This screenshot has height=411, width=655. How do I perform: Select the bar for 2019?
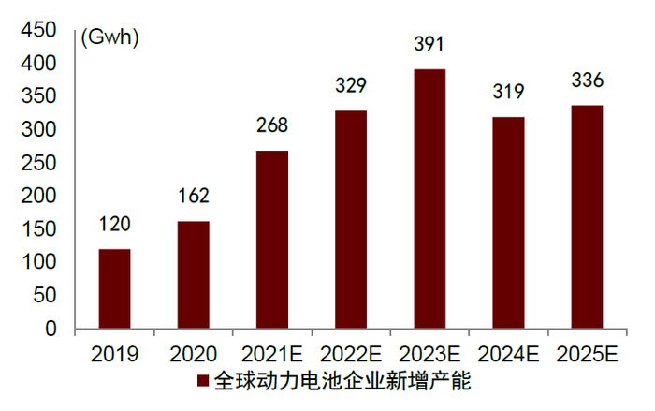pos(114,289)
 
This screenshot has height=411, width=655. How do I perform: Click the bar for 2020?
pos(193,275)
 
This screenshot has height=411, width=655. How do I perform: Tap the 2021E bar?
pos(272,240)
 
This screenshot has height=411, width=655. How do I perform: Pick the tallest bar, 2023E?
pos(429,199)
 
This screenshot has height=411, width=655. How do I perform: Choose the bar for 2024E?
pos(508,223)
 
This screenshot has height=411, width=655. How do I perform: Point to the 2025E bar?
pos(588,217)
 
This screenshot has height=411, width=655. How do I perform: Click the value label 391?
pos(429,45)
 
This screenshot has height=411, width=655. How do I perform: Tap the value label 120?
pos(114,225)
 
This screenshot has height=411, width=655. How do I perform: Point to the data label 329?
pos(351,86)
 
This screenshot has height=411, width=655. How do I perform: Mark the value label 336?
pos(588,81)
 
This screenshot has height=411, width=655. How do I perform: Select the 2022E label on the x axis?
pos(351,355)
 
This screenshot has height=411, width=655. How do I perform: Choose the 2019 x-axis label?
pos(114,355)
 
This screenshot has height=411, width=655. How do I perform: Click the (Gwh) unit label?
pos(109,38)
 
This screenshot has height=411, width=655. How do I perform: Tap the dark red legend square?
pos(203,381)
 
